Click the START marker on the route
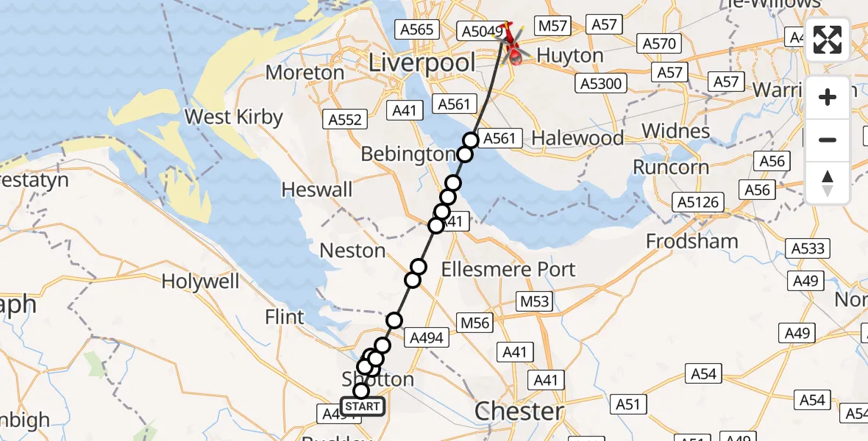[362, 406]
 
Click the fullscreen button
[828, 40]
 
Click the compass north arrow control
[828, 183]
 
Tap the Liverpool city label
[421, 63]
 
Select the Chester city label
[519, 412]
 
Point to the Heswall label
[317, 190]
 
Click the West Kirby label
[233, 117]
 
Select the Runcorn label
[671, 167]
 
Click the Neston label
[352, 251]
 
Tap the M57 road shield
[552, 26]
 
